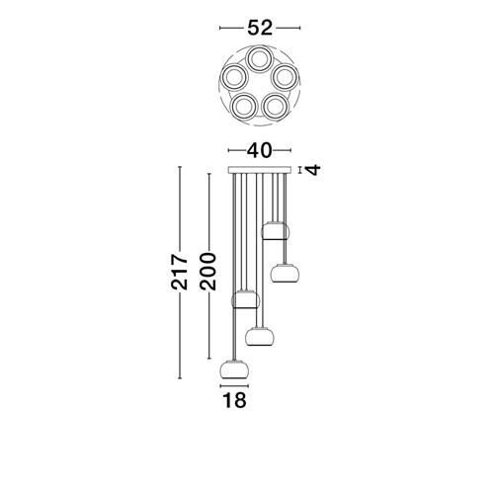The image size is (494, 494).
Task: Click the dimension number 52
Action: pos(260,28)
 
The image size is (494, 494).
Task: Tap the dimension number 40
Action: pos(260,150)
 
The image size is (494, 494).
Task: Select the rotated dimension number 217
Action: pos(180,272)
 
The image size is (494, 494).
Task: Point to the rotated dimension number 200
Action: pos(207,272)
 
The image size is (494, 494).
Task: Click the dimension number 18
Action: pos(235,400)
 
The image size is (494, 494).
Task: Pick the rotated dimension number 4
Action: pos(313,170)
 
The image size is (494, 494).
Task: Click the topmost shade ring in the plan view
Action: pos(260,59)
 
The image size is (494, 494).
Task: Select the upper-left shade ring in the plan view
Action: pos(234,77)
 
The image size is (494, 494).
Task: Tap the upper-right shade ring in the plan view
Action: pos(285,77)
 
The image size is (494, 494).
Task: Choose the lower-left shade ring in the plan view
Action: pos(244,107)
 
